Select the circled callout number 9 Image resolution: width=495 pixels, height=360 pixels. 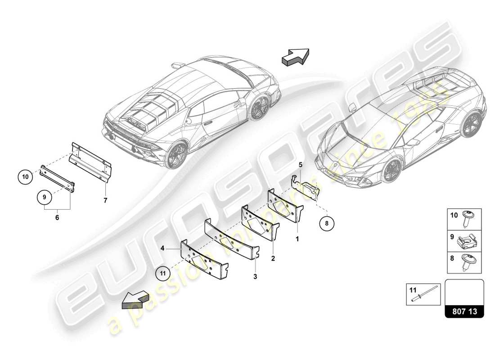[45, 197]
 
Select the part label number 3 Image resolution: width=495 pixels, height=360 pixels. [255, 276]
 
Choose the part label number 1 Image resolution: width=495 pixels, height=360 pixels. [297, 239]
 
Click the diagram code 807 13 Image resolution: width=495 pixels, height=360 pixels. [464, 311]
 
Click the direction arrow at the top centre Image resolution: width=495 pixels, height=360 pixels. [295, 57]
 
